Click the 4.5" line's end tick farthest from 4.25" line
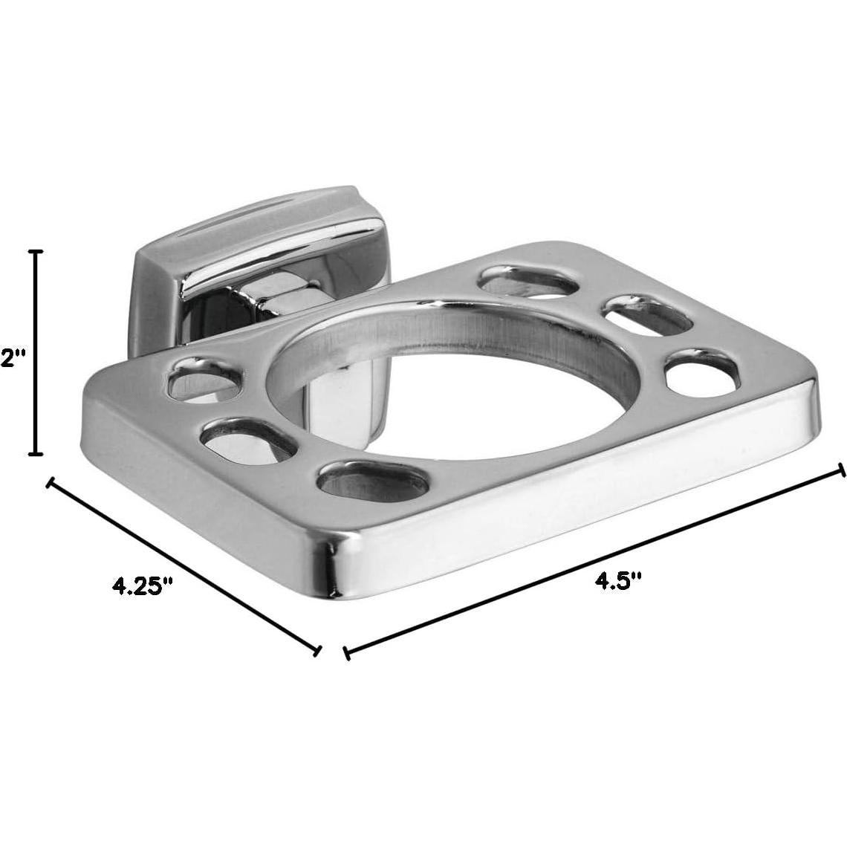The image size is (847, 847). point(841,470)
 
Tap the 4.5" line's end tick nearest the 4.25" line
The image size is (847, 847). point(346,652)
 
